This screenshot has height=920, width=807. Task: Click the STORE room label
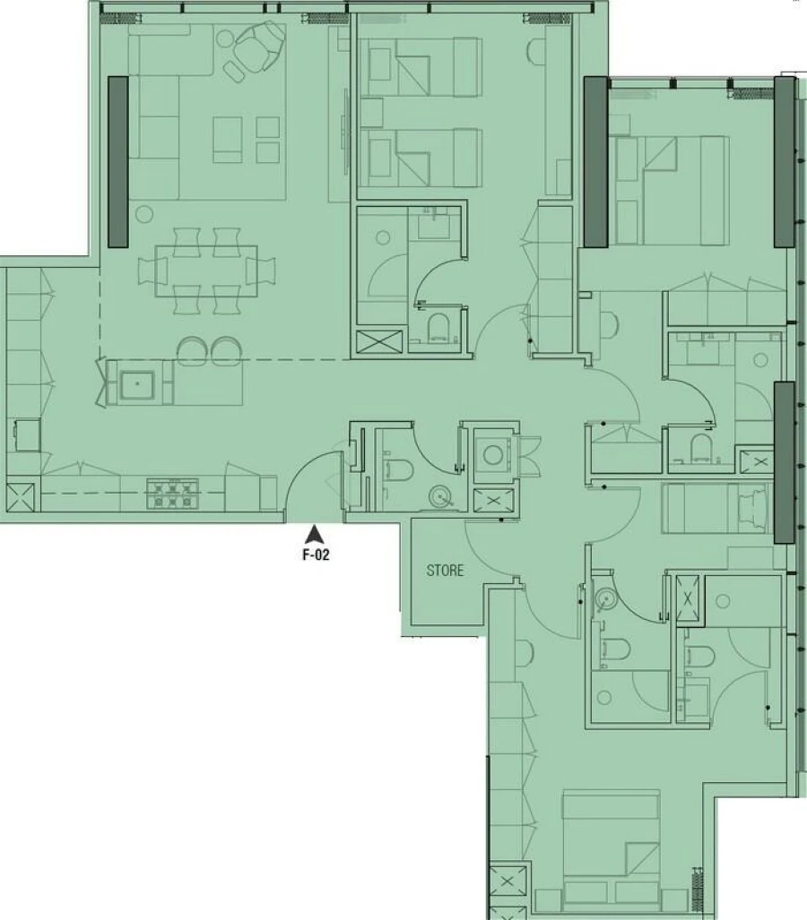[x=445, y=571]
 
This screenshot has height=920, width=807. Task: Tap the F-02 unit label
[x=315, y=555]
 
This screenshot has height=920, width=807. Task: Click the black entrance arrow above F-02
[x=314, y=535]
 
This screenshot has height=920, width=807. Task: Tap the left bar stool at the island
[x=191, y=350]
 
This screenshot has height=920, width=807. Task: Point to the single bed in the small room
[x=715, y=508]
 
